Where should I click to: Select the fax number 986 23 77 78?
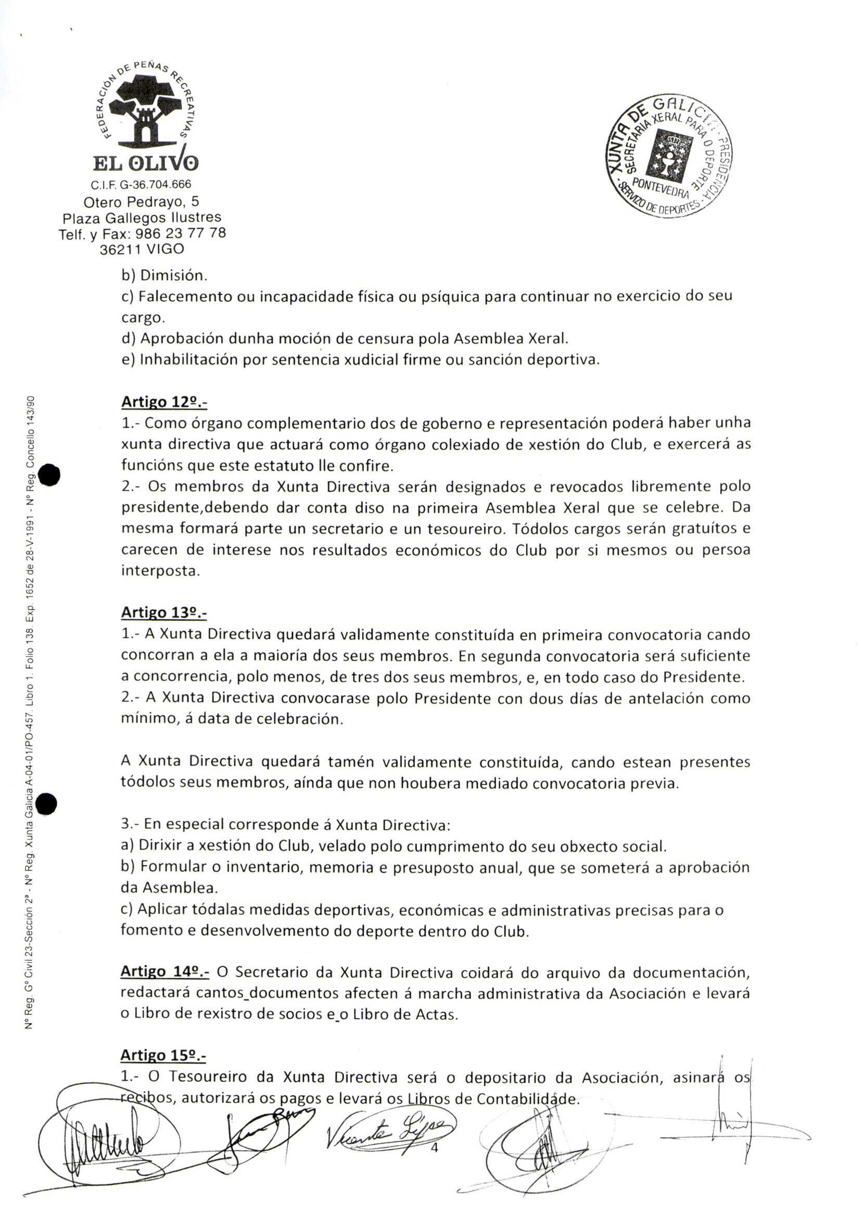pos(181,233)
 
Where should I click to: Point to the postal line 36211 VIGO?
pos(142,249)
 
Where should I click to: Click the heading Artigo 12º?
pos(164,402)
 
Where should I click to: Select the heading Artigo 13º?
pos(164,613)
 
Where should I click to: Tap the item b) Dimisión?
pos(164,276)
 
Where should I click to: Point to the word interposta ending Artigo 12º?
pos(161,571)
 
